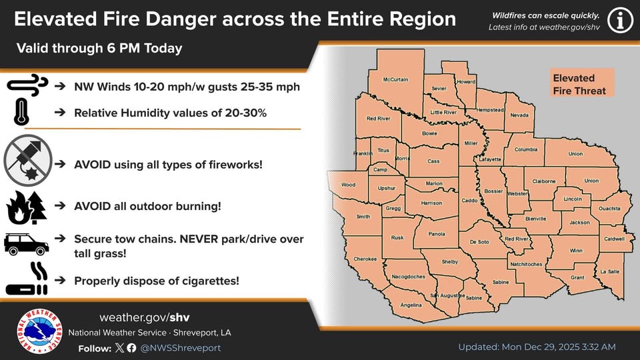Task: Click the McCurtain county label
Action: [x=395, y=80]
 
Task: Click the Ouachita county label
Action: [x=609, y=209]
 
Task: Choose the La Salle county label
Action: [x=609, y=272]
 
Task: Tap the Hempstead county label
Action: [x=489, y=109]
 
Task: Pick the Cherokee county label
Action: [x=365, y=259]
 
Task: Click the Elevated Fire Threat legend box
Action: [x=579, y=85]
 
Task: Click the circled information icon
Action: [x=621, y=21]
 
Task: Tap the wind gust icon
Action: [x=27, y=85]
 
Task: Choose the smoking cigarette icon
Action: [x=27, y=281]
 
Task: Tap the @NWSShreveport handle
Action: [x=181, y=348]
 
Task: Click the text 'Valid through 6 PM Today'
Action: [x=99, y=49]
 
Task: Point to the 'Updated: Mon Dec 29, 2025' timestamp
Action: [x=537, y=347]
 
